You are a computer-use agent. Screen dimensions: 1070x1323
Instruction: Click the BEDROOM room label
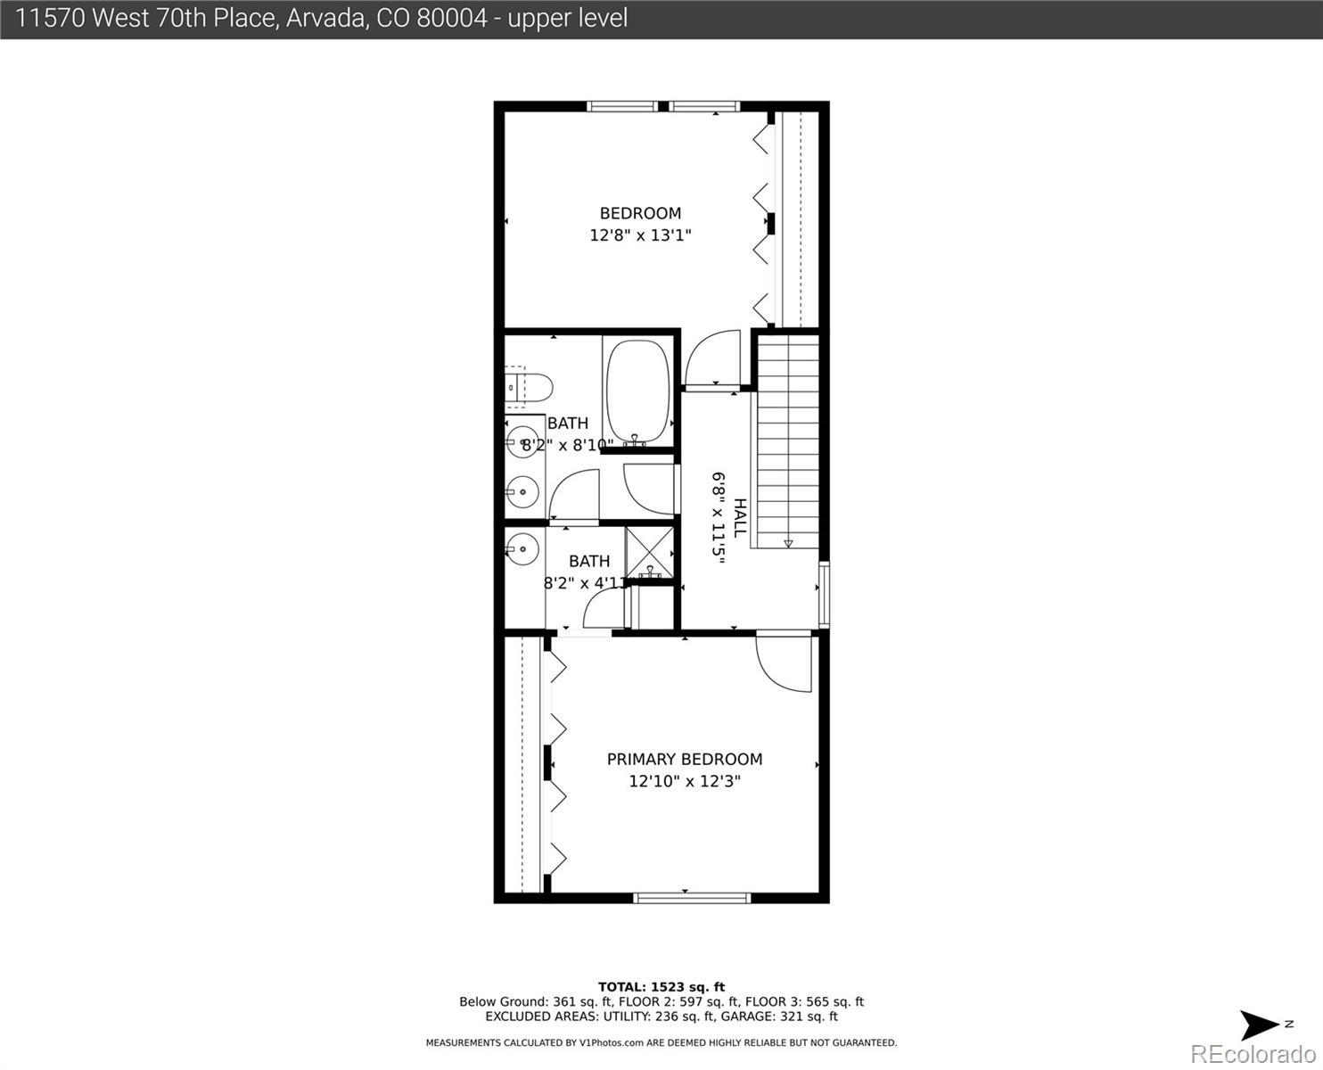(640, 213)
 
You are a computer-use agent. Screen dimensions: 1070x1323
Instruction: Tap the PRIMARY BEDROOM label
(684, 759)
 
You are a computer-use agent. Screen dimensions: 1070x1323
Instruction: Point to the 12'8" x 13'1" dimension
(640, 235)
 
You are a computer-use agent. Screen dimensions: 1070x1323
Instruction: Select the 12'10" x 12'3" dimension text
(684, 781)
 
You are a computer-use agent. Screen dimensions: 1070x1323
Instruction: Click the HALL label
(740, 517)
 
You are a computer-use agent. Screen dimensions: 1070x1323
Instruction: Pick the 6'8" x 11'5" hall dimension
(718, 515)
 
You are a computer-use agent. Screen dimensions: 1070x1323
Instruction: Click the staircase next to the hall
(787, 437)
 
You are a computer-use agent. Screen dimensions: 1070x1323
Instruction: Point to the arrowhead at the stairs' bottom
(788, 543)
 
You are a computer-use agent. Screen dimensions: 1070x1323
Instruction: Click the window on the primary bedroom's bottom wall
(692, 897)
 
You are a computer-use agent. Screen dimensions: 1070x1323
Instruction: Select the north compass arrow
(1259, 1025)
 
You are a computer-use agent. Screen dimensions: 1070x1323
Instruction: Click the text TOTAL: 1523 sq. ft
(661, 987)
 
